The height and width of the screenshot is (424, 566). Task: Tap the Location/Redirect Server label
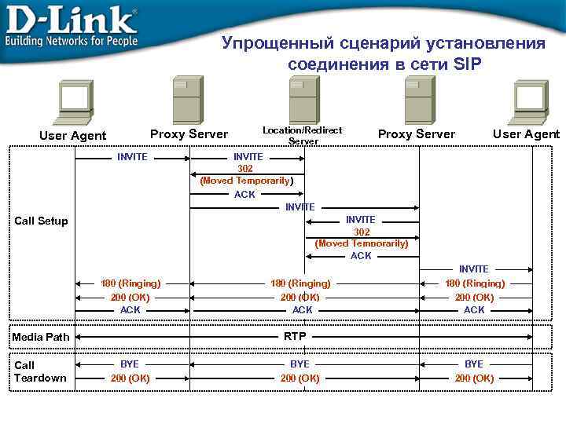(303, 135)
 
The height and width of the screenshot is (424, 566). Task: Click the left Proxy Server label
(189, 134)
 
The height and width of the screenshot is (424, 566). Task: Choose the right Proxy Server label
(417, 134)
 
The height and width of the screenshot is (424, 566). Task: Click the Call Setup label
(42, 221)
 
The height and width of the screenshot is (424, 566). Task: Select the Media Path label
(41, 337)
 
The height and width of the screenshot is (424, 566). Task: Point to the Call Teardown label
(40, 371)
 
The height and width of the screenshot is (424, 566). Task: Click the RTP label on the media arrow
(295, 337)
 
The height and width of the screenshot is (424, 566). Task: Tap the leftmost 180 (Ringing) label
(130, 283)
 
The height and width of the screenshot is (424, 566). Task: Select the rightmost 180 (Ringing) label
(475, 283)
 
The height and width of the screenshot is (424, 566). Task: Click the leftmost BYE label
(130, 364)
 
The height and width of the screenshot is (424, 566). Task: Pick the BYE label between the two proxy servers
(300, 364)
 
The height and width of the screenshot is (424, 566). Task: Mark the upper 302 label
(245, 169)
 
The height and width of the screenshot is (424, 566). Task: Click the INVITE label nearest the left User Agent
(132, 157)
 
